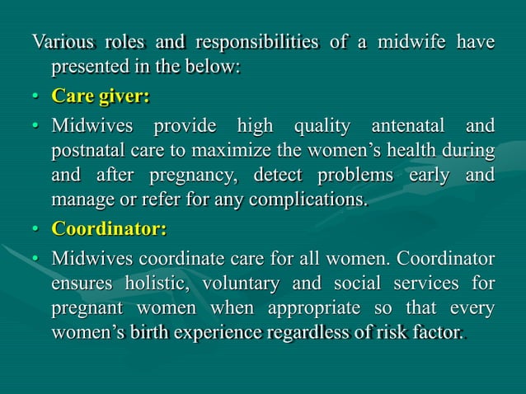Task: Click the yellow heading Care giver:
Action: (x=101, y=96)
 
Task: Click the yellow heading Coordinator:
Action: (x=109, y=228)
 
